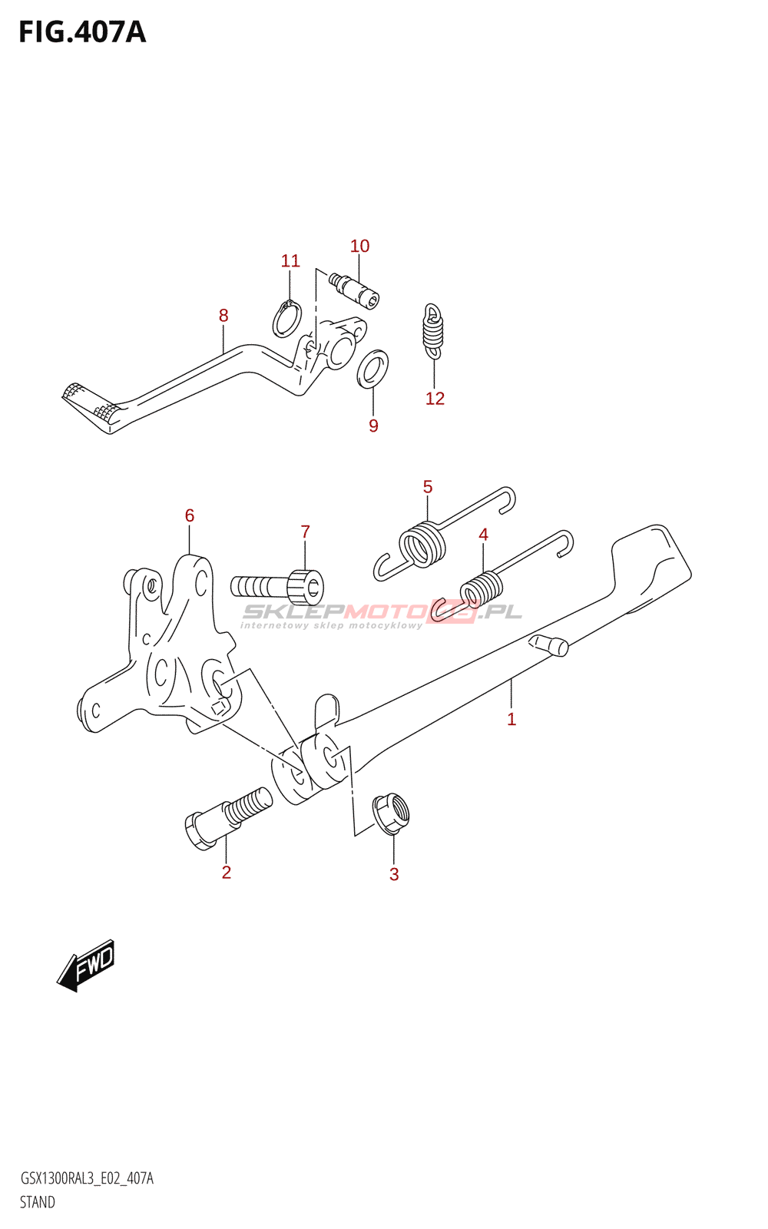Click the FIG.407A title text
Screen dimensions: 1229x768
pos(82,32)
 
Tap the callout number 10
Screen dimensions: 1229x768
pos(359,246)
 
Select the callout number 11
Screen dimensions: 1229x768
pos(290,261)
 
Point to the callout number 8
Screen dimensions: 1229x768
pos(223,315)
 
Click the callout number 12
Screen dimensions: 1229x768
pos(435,399)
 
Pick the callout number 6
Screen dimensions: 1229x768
pos(190,515)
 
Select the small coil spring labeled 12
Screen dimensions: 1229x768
pos(433,331)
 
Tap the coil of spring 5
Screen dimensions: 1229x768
pos(422,544)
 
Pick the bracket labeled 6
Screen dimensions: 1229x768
pos(173,653)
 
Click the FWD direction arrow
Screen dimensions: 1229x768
pos(86,964)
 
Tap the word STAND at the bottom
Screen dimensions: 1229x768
pos(37,1202)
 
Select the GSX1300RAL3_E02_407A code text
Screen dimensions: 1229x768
pos(86,1178)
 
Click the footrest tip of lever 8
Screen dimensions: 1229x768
pos(90,406)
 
